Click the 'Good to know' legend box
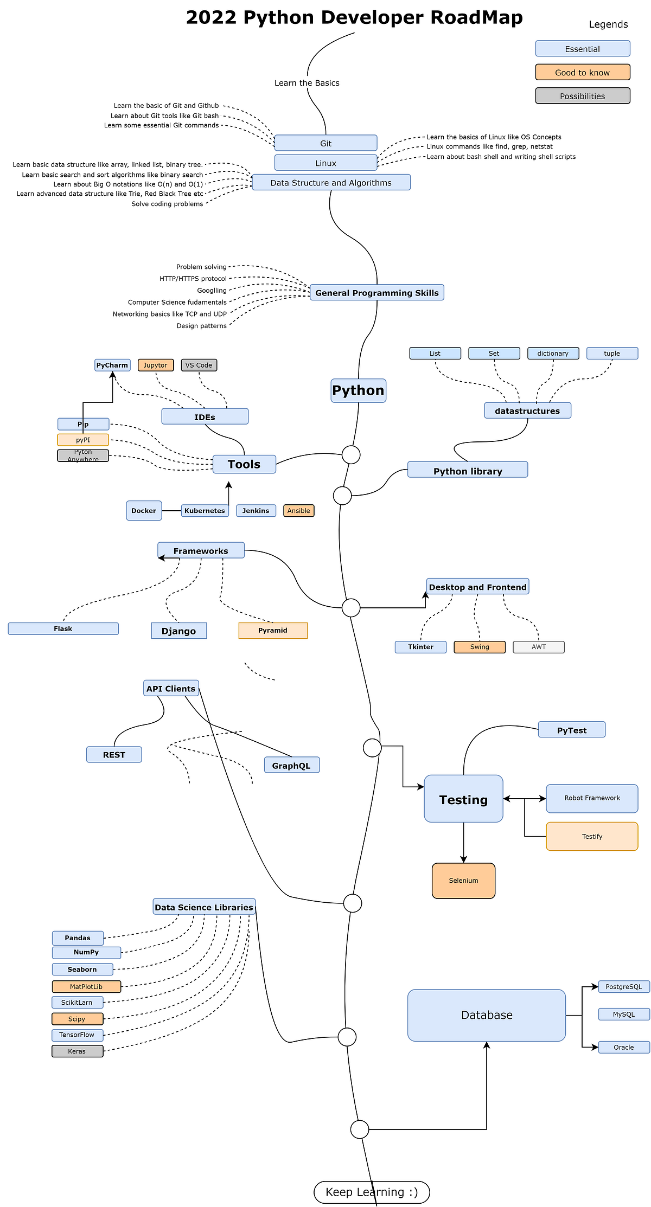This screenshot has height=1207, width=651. pos(582,72)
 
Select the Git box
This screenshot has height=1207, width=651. pos(325,143)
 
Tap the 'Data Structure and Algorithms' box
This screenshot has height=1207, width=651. pos(331,183)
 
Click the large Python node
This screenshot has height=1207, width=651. pos(358,390)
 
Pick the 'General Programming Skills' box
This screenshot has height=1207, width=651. pos(376,293)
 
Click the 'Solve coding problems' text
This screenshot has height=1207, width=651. pos(167,204)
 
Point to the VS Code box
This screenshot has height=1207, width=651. pos(199,365)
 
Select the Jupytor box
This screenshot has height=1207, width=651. pos(156,365)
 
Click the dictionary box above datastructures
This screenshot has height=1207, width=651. pos(553,354)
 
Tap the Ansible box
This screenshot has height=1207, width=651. pos(298,511)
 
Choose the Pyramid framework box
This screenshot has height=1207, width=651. pos(273,630)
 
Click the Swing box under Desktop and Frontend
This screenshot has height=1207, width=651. pos(480,647)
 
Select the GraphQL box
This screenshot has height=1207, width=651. pos(291,765)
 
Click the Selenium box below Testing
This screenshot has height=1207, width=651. pos(463,881)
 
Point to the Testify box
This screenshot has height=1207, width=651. pos(592,836)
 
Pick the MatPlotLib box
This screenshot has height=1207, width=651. pos(86,986)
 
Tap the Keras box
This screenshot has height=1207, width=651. pos(77,1051)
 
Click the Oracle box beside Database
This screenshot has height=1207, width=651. pos(623,1047)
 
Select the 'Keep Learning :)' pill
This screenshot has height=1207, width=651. pos(372,1192)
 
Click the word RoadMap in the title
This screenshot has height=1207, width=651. pos(476,17)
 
